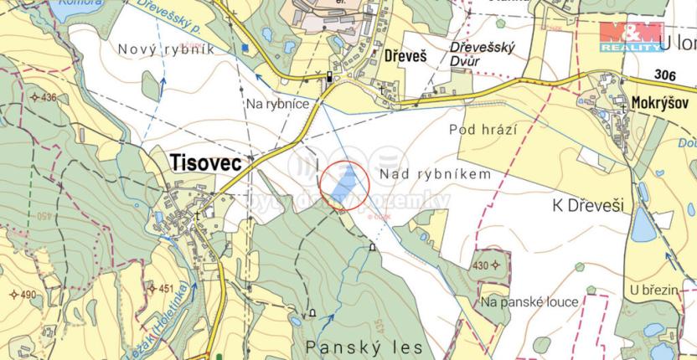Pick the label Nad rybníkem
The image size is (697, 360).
434,173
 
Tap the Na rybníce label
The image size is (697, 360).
278,103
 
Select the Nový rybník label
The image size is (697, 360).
168,50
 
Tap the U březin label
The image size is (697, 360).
654,289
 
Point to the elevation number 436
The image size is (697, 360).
48,97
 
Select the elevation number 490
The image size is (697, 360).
27,295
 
